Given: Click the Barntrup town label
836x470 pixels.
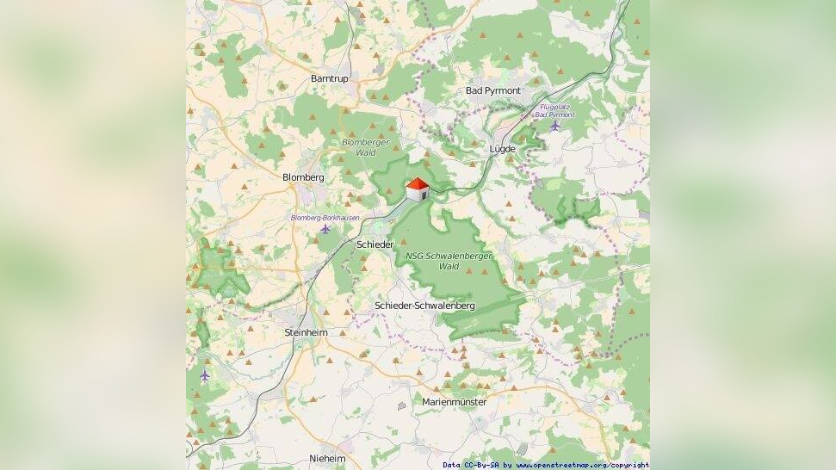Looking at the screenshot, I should point(330,78).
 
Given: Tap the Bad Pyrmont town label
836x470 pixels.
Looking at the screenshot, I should point(493,90).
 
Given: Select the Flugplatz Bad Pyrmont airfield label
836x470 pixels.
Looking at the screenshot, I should point(554,111).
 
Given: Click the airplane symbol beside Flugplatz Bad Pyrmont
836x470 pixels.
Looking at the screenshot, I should point(554,126).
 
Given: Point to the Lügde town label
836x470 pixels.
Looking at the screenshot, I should point(502,149).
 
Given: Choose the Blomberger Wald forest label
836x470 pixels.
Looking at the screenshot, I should point(366,146).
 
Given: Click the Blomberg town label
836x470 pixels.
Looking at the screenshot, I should point(303,177).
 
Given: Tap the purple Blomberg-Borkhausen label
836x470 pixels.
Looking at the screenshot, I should point(325,218).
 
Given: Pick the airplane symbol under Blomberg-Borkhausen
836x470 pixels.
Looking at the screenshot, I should point(325,230).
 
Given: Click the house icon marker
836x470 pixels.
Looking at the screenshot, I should point(418,190).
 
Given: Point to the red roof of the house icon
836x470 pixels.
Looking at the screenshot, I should point(418,183).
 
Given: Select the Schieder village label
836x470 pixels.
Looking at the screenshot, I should point(375,245).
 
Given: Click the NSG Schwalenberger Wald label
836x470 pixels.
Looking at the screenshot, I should point(449,261).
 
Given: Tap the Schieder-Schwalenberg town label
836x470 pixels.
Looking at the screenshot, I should point(425,306).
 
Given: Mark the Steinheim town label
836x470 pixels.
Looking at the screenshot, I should point(306,332).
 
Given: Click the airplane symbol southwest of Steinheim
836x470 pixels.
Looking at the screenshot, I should point(205,375).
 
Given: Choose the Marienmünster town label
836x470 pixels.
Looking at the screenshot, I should point(454,402).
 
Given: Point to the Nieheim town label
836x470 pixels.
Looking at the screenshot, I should point(327,459).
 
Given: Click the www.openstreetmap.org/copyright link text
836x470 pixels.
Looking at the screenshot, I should point(583,465).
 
